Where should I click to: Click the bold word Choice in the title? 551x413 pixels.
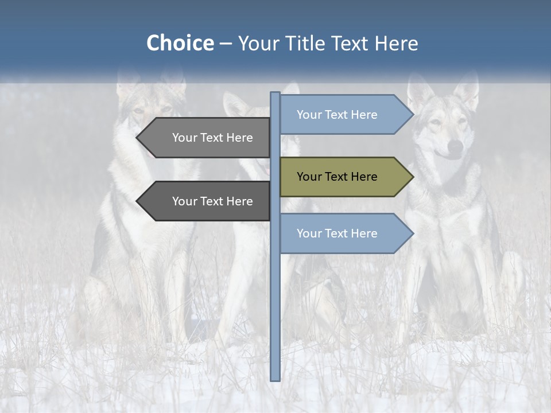tap(180, 44)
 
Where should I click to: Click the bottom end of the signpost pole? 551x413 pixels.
tap(275, 378)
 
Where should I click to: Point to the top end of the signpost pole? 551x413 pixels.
tap(275, 94)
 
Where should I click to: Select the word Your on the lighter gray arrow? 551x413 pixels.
tap(184, 138)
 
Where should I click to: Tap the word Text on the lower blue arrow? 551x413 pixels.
tap(337, 233)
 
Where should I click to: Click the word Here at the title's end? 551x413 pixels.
tap(396, 44)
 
